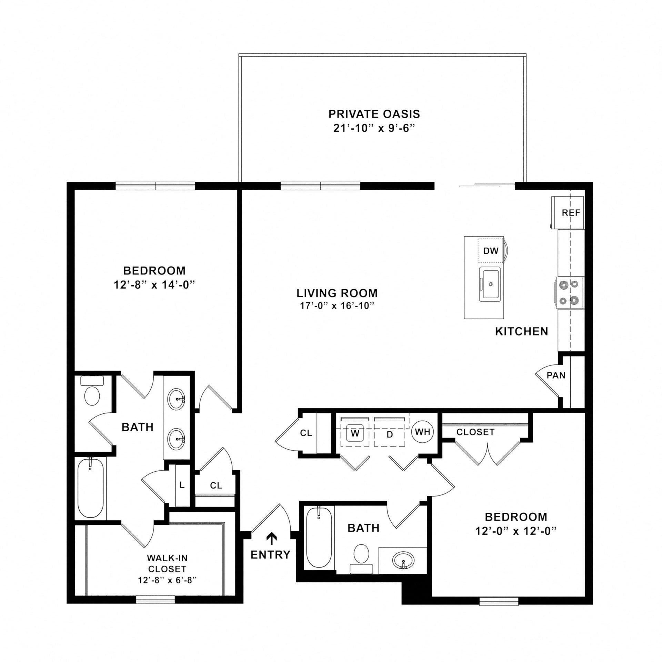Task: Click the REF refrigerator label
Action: coord(571,213)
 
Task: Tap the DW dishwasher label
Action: coord(491,251)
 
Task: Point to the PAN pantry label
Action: coord(556,375)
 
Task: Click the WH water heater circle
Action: coord(423,431)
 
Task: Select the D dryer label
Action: coord(390,434)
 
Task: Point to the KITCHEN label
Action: coord(522,331)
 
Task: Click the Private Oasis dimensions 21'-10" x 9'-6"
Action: coord(374,129)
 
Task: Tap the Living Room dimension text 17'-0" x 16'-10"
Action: coord(337,306)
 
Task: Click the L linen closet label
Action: coord(182,485)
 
